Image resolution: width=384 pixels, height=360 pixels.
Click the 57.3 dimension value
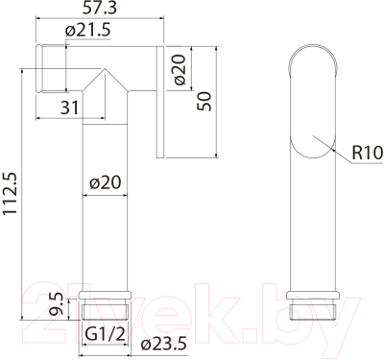tap(100, 8)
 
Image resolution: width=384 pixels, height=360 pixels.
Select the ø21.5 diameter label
tap(87, 31)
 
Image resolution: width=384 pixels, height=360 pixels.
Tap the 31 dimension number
tap(69, 108)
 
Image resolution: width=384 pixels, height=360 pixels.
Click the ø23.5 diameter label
tap(163, 344)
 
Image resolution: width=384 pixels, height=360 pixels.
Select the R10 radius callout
tap(368, 153)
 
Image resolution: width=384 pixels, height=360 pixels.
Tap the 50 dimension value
tap(204, 102)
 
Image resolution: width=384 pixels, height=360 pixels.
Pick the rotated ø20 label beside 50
tap(180, 70)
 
